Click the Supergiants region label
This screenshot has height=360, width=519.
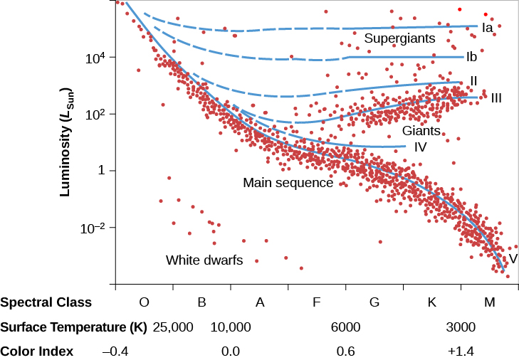tap(399, 38)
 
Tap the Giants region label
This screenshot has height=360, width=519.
tap(421, 131)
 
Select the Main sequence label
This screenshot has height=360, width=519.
tap(288, 183)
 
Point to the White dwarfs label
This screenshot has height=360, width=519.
tap(204, 260)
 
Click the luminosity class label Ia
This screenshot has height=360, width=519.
tap(488, 28)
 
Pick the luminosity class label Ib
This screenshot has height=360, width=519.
tap(471, 56)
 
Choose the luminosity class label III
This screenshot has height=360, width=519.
tap(496, 97)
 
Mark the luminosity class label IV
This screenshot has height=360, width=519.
tap(420, 147)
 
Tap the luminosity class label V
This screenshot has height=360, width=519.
tap(512, 258)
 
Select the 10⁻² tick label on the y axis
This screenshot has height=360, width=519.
tap(95, 228)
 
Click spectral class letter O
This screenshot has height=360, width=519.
tap(144, 302)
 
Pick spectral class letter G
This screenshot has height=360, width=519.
tap(374, 302)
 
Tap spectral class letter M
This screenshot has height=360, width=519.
tap(489, 302)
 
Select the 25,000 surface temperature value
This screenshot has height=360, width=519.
tap(174, 327)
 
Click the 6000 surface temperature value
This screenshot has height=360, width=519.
tap(346, 327)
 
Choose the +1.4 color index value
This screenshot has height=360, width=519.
tap(461, 351)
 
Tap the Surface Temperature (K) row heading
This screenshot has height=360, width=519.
tap(73, 327)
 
